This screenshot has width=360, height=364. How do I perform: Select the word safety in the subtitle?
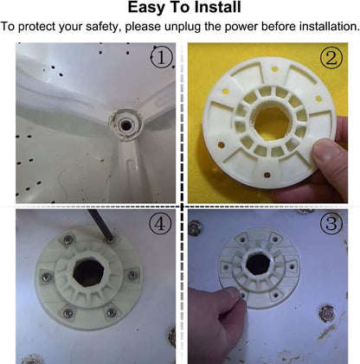[102, 27]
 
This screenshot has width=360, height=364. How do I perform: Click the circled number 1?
[162, 57]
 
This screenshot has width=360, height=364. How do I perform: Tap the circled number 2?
[331, 58]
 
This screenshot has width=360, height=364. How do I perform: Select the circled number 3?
[331, 224]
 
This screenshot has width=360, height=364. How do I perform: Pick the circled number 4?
[160, 224]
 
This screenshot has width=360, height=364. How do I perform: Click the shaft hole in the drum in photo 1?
[126, 125]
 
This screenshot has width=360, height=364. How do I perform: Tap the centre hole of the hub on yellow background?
[272, 124]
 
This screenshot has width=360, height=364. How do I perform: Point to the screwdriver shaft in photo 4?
[99, 224]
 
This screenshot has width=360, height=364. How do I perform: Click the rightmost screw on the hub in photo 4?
[133, 275]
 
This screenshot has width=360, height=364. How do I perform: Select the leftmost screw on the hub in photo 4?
[47, 278]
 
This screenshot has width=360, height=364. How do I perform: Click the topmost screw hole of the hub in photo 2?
[274, 69]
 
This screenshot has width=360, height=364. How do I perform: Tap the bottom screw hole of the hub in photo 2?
[267, 175]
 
